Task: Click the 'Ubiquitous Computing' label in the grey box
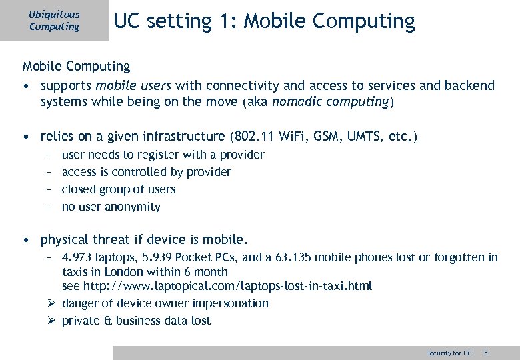point(54,21)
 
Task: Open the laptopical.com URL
point(227,286)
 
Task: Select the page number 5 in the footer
point(486,352)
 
